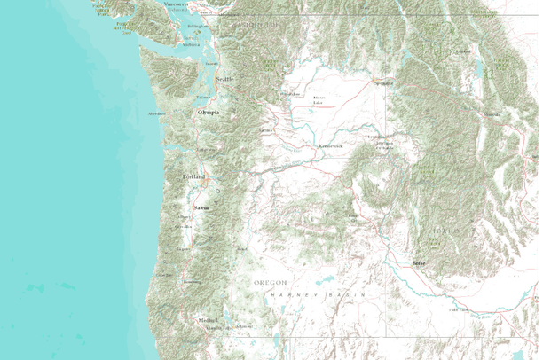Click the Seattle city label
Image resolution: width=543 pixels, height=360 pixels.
point(224,79)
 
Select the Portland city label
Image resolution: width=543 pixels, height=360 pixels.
point(194,177)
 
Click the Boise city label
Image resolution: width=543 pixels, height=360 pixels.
point(419,264)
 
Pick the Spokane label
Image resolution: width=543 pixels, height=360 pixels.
point(383,82)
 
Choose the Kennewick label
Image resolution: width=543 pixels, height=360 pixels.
point(330,144)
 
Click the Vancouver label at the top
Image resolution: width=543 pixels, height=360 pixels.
point(177,4)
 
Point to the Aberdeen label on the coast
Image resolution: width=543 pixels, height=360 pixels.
point(157,114)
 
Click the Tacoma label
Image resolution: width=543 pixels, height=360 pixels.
point(204,97)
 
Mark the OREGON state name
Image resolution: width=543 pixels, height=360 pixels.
point(271,281)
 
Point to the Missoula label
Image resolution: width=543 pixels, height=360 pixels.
point(491,115)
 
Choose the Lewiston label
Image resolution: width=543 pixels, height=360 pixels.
point(377,138)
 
